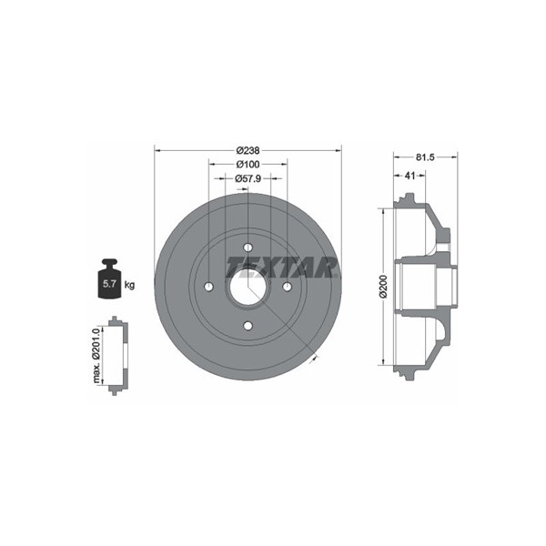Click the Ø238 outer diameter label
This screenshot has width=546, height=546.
point(248,150)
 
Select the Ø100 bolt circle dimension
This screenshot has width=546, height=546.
point(248,164)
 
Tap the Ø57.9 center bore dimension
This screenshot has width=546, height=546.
point(248,178)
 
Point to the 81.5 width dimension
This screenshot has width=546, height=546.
point(425,157)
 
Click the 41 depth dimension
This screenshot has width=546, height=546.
point(409,176)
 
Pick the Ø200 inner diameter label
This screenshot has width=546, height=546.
point(383,287)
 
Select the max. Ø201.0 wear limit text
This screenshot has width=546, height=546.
point(96,355)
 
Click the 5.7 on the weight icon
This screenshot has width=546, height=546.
point(109,284)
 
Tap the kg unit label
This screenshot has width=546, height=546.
point(129,286)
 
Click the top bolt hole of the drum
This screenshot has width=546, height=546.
point(248,248)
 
